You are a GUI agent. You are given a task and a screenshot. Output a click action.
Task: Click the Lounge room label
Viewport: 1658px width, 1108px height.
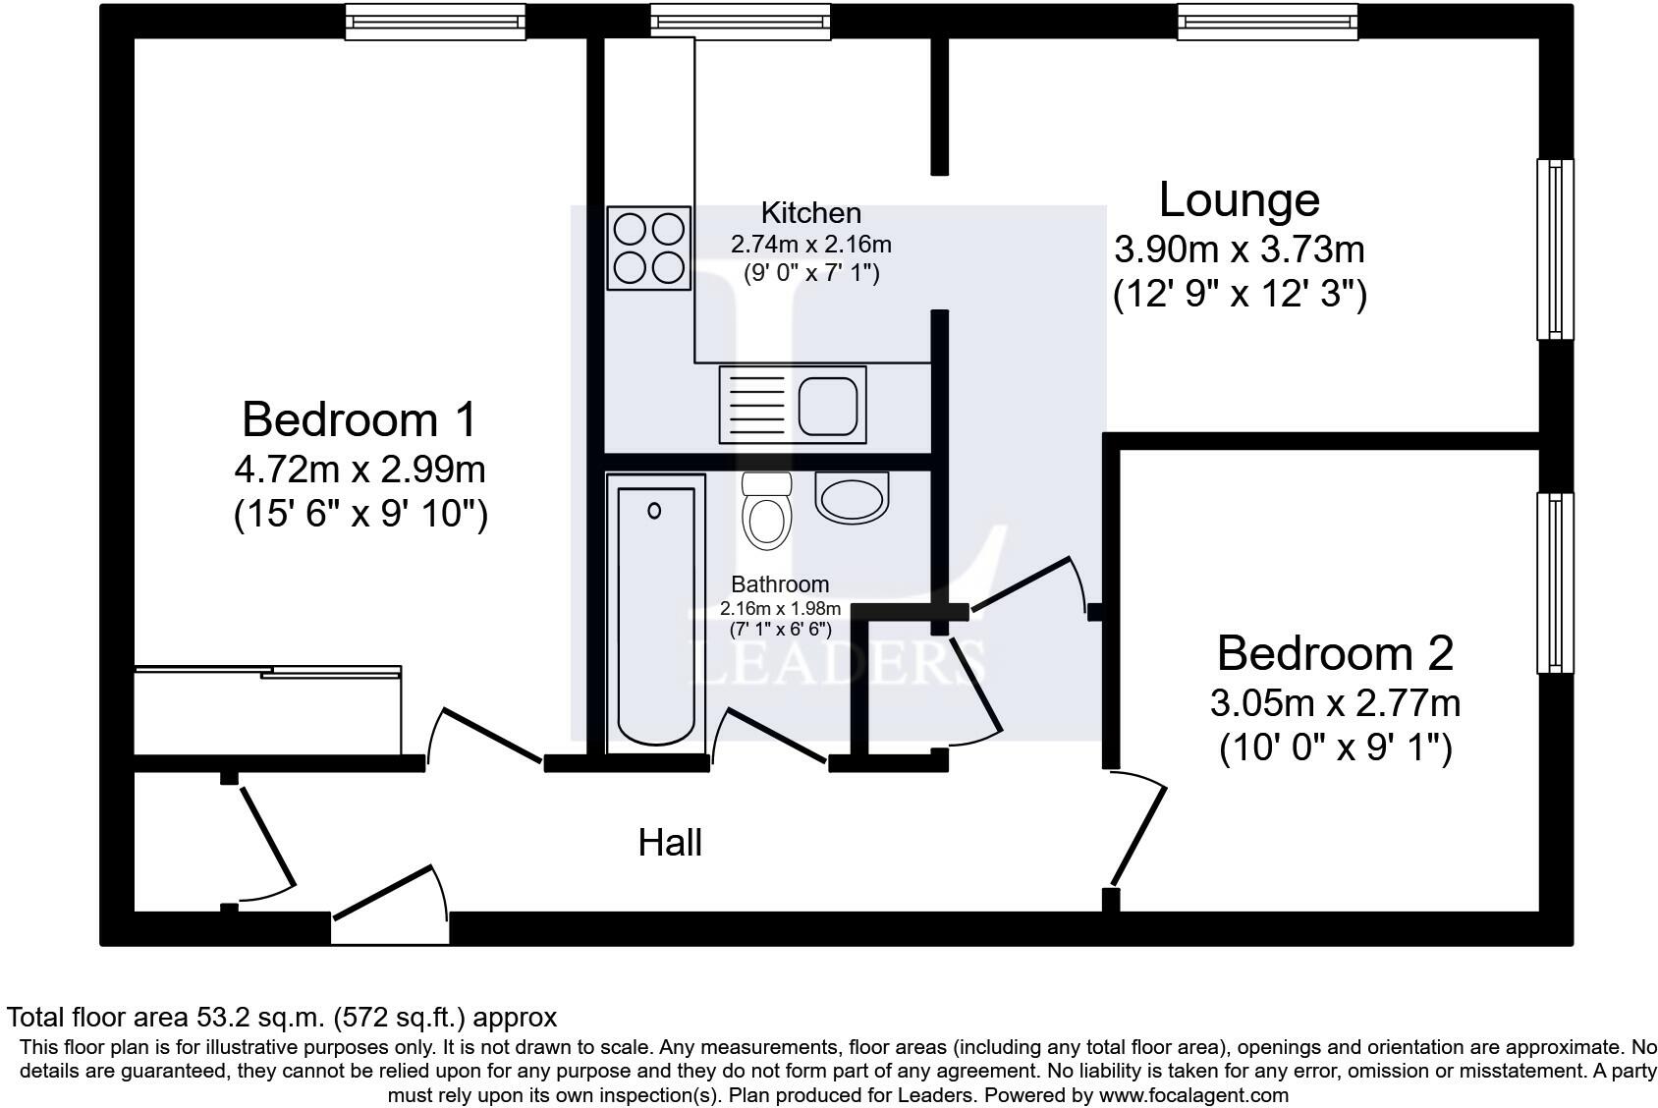pyautogui.click(x=1240, y=199)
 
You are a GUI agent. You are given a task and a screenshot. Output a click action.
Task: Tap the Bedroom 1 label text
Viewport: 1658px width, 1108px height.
pyautogui.click(x=359, y=419)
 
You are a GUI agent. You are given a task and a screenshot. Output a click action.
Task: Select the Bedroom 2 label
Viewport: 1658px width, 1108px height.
pyautogui.click(x=1335, y=653)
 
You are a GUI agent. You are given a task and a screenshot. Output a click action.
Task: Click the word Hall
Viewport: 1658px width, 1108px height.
pyautogui.click(x=670, y=843)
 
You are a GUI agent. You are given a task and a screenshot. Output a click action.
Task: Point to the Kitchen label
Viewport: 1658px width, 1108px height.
pyautogui.click(x=810, y=213)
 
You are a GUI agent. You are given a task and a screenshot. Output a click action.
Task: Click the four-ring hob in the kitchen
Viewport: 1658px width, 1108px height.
pyautogui.click(x=647, y=248)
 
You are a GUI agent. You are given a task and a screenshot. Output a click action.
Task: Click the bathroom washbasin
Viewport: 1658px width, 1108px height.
pyautogui.click(x=852, y=497)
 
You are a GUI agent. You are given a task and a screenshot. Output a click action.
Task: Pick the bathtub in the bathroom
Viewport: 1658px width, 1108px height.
pyautogui.click(x=655, y=614)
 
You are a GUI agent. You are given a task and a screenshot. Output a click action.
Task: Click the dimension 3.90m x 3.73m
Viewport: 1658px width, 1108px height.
pyautogui.click(x=1239, y=249)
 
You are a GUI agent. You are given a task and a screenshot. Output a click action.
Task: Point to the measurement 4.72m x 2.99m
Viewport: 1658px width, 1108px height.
pyautogui.click(x=359, y=470)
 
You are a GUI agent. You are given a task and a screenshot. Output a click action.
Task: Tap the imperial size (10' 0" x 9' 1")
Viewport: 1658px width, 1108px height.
pyautogui.click(x=1335, y=748)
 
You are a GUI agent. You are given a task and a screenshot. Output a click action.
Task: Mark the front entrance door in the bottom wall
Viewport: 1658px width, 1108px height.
pyautogui.click(x=385, y=894)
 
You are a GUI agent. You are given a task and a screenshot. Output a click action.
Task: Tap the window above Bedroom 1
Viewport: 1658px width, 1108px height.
pyautogui.click(x=435, y=21)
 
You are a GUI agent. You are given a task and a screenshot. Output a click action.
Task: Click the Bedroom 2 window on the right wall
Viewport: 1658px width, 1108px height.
pyautogui.click(x=1554, y=582)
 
